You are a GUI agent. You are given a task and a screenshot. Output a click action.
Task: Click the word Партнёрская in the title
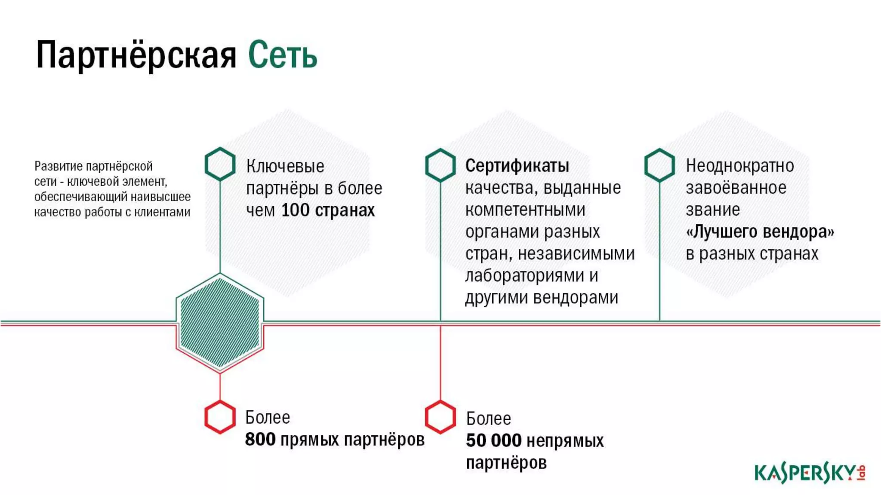point(136,55)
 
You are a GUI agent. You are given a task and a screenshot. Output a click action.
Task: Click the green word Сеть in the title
point(283,55)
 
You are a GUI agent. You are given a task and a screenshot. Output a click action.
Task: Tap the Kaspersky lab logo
point(810,473)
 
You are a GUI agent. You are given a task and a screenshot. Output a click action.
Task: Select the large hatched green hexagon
point(220,323)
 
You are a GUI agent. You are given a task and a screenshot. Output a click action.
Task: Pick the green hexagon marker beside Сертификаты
point(440,165)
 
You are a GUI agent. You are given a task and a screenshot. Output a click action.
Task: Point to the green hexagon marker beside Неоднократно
point(659,165)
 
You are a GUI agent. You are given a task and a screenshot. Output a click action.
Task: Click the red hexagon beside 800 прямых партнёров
point(220,417)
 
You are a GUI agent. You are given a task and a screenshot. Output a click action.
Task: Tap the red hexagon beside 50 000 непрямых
point(440,417)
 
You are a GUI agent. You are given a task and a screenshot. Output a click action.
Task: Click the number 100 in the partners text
point(295,211)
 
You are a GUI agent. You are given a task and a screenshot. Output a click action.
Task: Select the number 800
point(260,440)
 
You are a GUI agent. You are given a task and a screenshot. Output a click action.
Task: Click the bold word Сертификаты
point(517,166)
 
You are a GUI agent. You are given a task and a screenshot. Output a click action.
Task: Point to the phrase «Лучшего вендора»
point(760,232)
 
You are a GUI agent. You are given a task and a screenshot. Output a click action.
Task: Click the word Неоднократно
point(739,166)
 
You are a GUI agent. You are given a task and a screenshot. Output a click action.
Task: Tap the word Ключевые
point(285,166)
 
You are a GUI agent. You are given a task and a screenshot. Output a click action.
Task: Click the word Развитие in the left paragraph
point(58,166)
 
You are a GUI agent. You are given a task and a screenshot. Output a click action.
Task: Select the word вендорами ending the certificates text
point(576,298)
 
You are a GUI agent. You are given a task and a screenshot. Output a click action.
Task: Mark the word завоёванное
point(736,188)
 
